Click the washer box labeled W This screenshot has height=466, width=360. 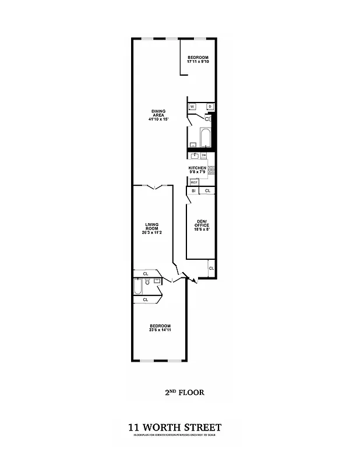point(192,107)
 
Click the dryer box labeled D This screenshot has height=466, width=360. point(210,107)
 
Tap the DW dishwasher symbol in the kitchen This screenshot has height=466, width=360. point(203,155)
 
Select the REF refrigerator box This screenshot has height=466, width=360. point(193,182)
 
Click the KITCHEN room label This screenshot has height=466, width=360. point(197,168)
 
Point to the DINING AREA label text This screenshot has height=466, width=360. point(158,113)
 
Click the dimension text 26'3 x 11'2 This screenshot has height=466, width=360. point(151,232)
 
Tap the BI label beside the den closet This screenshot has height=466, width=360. point(193,191)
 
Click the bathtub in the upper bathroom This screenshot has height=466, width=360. point(205,137)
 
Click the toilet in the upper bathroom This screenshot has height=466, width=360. point(207,118)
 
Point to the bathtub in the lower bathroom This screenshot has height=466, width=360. point(137,287)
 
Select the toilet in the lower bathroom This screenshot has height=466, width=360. point(148,283)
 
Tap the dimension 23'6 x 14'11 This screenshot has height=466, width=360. point(160,330)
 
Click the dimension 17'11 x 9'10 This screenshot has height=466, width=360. point(197,61)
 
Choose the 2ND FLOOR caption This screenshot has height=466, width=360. point(185,393)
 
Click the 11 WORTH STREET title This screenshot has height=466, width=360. point(175,428)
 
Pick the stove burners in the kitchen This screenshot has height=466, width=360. point(212,170)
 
